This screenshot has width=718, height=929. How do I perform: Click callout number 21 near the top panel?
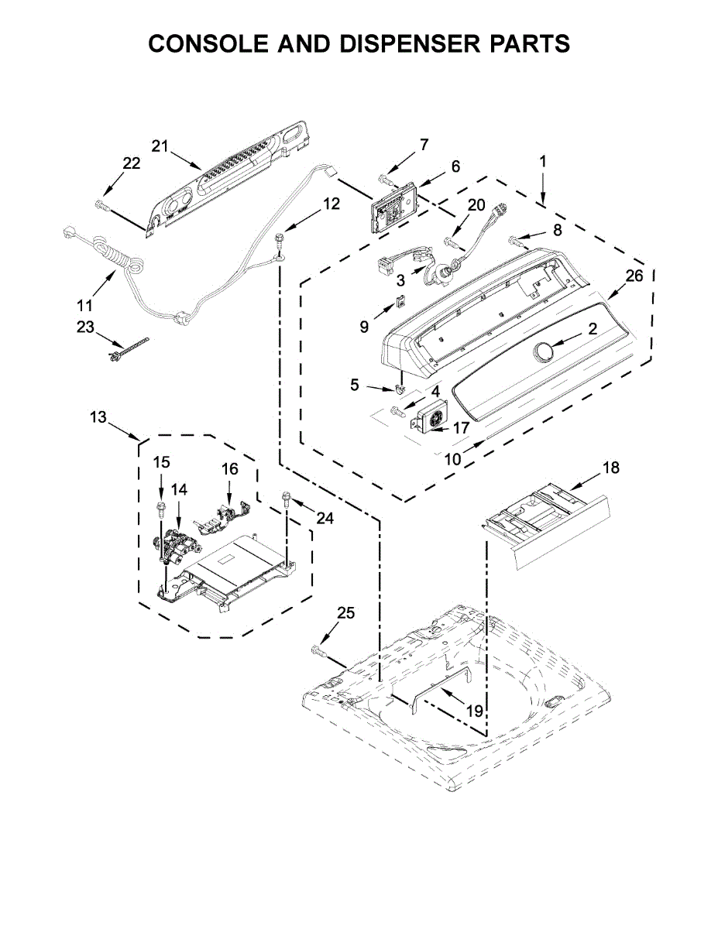pyautogui.click(x=160, y=146)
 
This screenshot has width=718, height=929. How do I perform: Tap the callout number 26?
pyautogui.click(x=634, y=276)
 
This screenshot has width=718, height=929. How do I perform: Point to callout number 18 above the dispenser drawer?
pyautogui.click(x=611, y=468)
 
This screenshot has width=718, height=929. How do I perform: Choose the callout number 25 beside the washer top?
pyautogui.click(x=345, y=613)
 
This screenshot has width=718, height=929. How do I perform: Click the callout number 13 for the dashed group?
pyautogui.click(x=98, y=418)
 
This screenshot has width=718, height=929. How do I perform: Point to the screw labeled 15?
pyautogui.click(x=161, y=508)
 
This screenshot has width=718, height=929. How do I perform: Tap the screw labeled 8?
pyautogui.click(x=515, y=242)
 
